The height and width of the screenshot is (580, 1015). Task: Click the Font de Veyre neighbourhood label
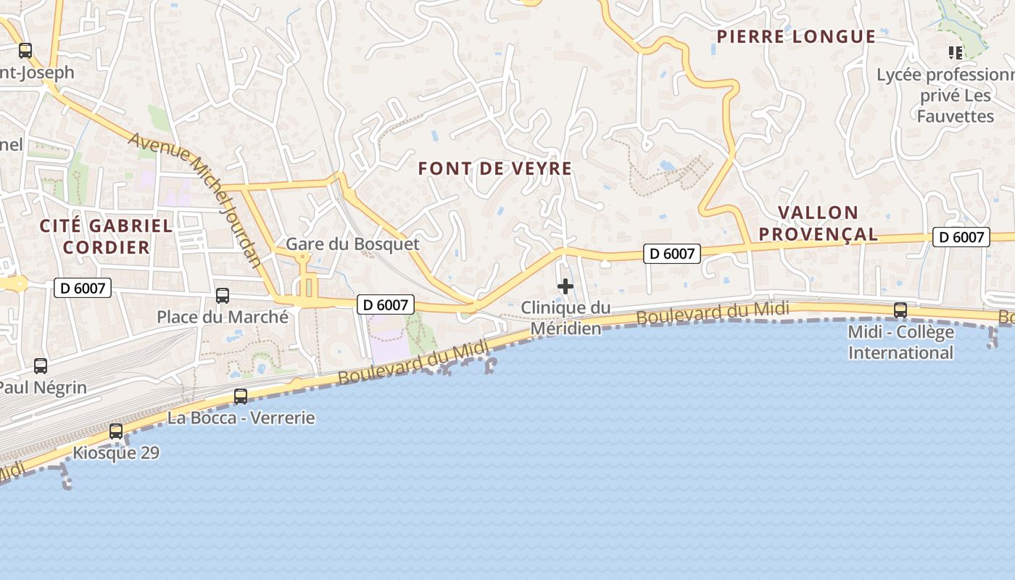coord(495,169)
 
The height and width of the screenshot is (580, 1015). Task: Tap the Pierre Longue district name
coord(796,37)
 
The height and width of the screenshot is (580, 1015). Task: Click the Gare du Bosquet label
coord(352,244)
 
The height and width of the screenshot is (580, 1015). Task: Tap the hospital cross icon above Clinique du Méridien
coord(565,286)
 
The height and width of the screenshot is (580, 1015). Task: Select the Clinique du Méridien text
coord(565,318)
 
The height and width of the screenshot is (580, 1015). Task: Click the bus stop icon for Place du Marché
coord(223,296)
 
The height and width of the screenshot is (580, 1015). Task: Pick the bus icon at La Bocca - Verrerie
coord(241,397)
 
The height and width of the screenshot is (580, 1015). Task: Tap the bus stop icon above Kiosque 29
coord(116,431)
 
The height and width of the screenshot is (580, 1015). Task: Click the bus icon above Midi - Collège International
coord(900,310)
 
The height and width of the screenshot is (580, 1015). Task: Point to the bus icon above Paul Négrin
coord(41,366)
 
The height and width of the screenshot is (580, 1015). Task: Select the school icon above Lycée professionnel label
coord(956,52)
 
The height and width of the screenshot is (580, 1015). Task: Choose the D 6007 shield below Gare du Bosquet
coord(386,304)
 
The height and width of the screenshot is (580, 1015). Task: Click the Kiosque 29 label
coord(116,453)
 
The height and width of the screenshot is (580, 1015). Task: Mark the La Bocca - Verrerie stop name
coord(241,418)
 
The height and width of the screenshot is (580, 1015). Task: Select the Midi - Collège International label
coord(901,342)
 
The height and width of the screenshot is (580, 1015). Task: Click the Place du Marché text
coord(223,317)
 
